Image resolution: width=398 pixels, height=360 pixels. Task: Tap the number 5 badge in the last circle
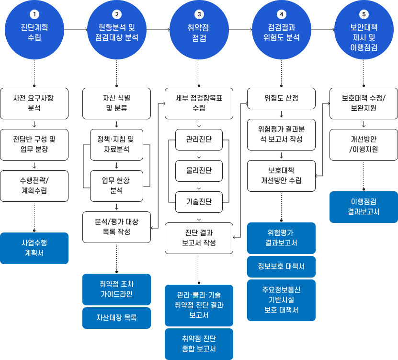point(364,14)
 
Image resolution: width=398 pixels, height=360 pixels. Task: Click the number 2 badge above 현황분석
point(116,14)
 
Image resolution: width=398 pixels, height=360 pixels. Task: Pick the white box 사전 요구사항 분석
point(34,103)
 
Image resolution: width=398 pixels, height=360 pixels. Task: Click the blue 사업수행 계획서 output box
point(34,248)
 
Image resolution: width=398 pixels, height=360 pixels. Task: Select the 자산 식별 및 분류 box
point(116,103)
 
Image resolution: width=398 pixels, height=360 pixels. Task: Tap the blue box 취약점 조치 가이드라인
point(116,289)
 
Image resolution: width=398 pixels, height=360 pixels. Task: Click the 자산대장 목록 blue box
point(116,318)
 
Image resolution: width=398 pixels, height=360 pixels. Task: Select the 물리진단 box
point(199,170)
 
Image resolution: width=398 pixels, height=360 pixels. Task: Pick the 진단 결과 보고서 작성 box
point(199,238)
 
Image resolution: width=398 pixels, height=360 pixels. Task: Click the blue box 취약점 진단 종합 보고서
point(199,344)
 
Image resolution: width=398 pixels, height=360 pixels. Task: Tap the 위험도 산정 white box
point(281,98)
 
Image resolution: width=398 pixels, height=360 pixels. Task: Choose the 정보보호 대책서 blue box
point(281,267)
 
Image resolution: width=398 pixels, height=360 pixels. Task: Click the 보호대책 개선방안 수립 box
point(281,175)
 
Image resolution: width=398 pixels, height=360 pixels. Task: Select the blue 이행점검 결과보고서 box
point(364,207)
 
